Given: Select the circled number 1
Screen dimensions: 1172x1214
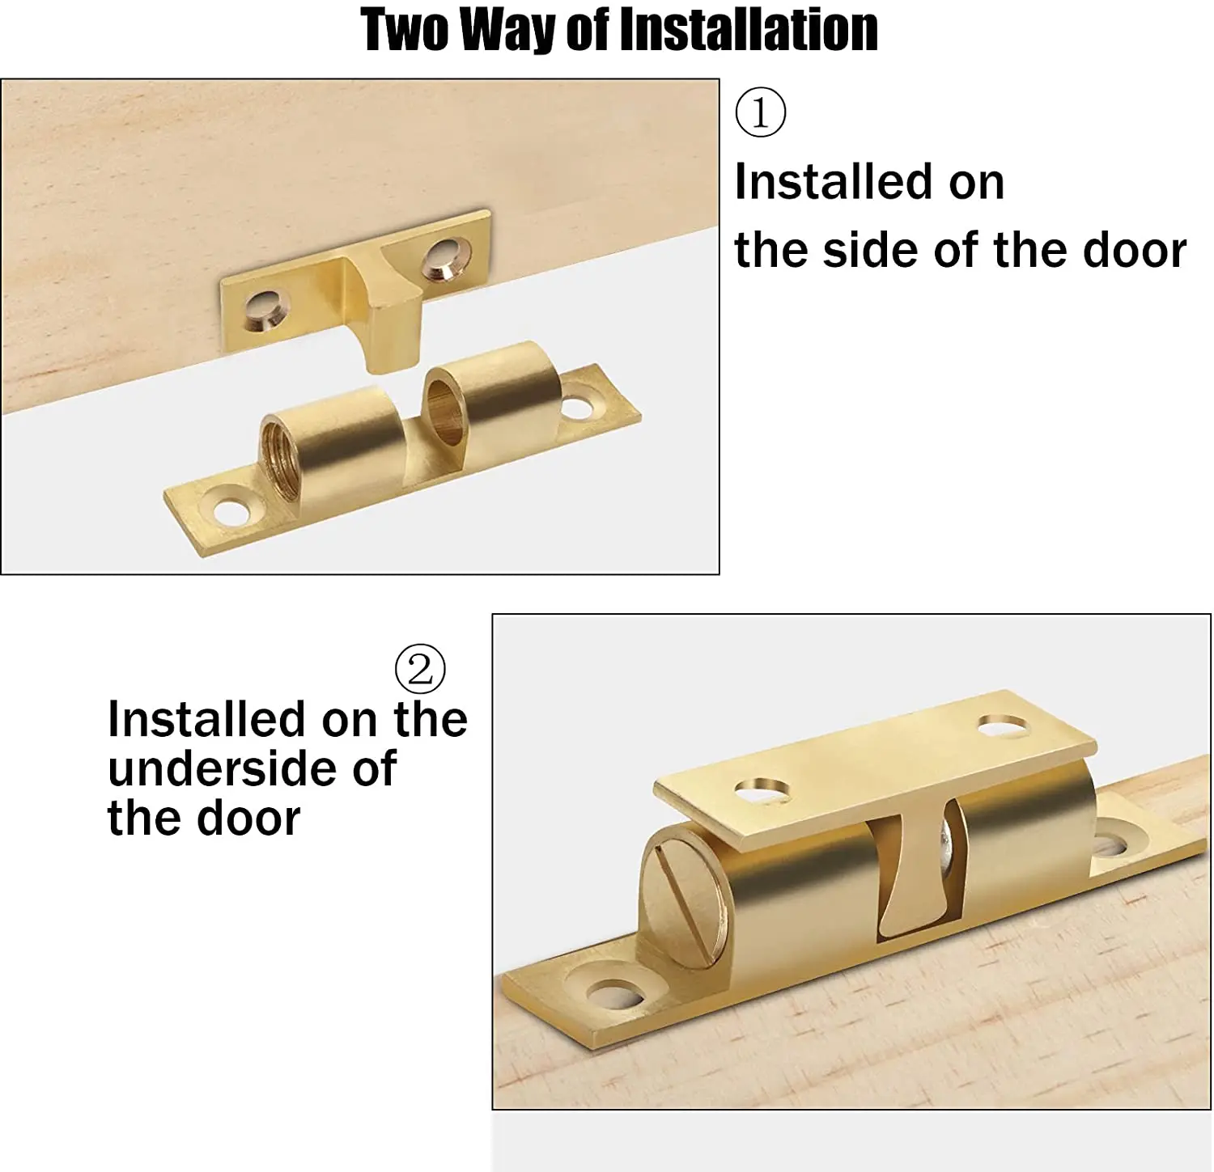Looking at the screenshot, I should (760, 113).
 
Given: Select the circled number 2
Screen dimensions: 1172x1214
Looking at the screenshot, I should (420, 669).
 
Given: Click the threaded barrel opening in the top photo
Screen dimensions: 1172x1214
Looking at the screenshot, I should (279, 458).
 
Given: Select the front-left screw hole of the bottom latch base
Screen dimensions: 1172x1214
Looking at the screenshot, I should (615, 993).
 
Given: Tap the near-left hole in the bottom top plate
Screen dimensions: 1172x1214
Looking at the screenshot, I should (763, 790).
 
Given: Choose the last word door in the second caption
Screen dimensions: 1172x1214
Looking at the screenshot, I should (248, 819).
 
